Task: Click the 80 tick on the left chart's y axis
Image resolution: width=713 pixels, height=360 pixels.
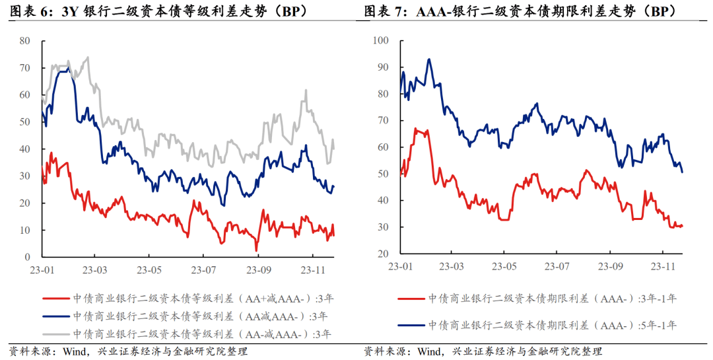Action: [25, 41]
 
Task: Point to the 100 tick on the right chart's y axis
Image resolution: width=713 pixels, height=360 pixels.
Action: [378, 41]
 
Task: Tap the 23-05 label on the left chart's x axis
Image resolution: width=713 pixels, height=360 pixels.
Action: [150, 270]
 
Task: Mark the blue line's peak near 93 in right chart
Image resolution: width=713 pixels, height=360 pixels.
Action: [429, 59]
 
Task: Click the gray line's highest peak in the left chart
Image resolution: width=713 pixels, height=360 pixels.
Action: [88, 57]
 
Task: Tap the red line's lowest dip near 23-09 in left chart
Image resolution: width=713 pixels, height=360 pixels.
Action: [257, 250]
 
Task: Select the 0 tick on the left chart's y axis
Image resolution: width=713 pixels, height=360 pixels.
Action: [28, 257]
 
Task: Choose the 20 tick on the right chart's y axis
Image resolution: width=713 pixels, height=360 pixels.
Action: [381, 254]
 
